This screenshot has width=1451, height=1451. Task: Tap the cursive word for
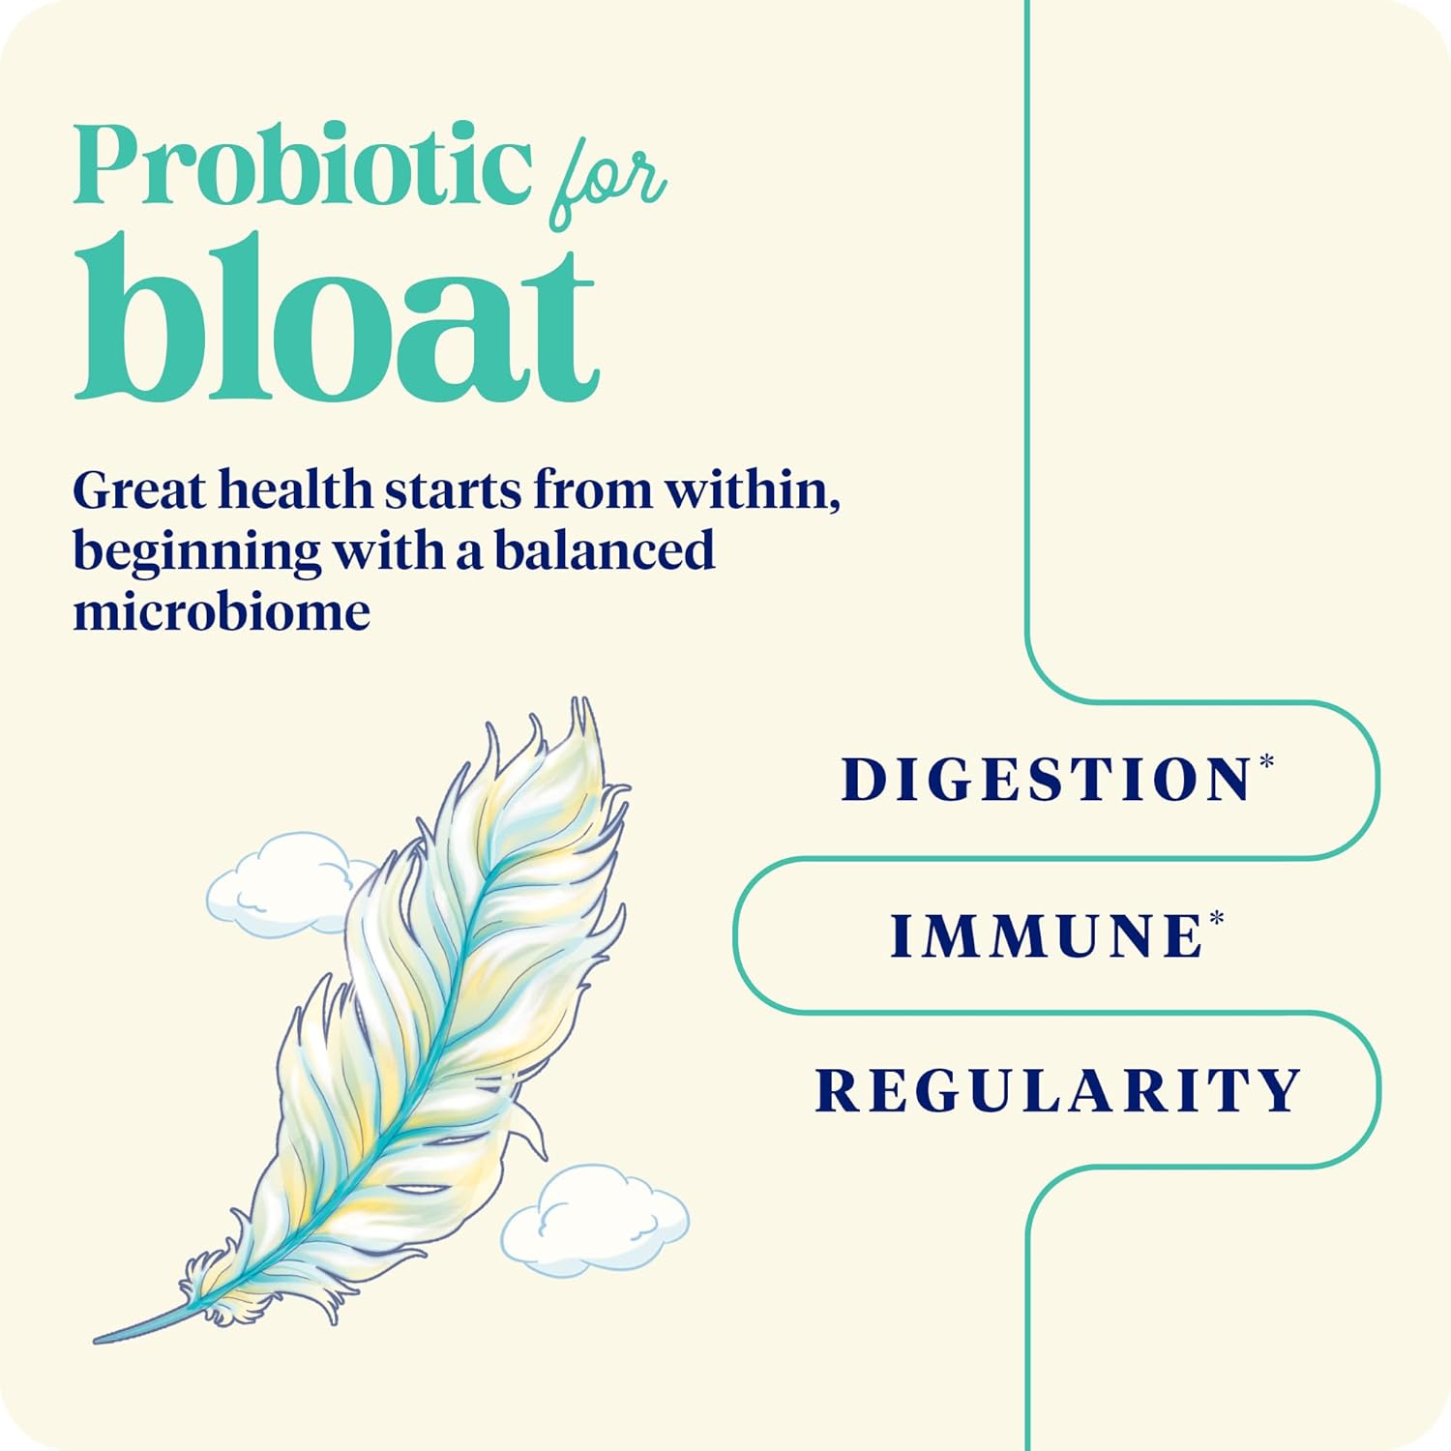(x=607, y=184)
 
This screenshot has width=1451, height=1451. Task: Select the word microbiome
(x=222, y=611)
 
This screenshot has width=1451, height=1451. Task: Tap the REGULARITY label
(x=1058, y=1090)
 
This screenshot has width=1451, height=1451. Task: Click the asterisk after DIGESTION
(x=1266, y=761)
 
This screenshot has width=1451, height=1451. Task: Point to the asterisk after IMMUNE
(x=1216, y=917)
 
